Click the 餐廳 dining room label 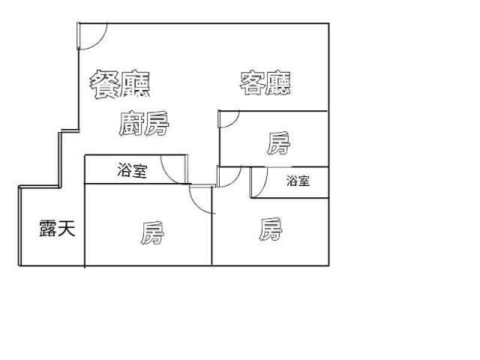[x=120, y=84]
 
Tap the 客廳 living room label [x=265, y=83]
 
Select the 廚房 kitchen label [x=144, y=123]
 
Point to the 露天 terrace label [x=57, y=228]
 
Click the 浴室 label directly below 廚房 [x=132, y=170]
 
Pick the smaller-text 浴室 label [x=298, y=181]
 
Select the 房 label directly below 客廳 [x=278, y=143]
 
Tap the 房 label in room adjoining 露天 [x=152, y=233]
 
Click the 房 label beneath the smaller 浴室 [x=270, y=229]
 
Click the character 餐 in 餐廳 [x=104, y=84]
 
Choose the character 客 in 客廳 [x=252, y=83]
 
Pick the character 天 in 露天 [x=67, y=228]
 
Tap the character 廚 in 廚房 [x=131, y=123]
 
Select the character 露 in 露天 [x=48, y=228]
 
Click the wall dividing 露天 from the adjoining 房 [x=85, y=225]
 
